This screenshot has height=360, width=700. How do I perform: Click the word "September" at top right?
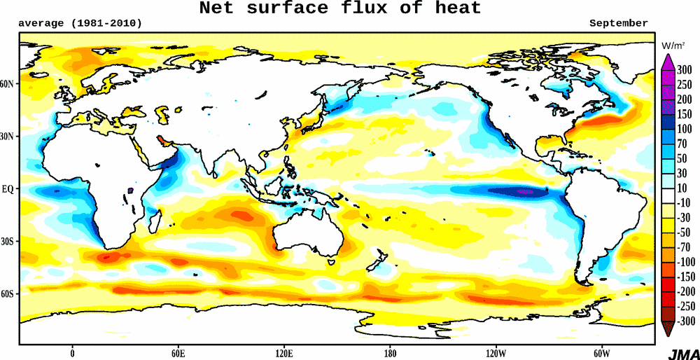[x=618, y=23]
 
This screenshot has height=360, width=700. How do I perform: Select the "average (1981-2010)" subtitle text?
[x=80, y=23]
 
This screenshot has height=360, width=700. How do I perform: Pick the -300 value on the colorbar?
[x=685, y=321]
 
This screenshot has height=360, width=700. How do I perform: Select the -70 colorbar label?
[x=685, y=247]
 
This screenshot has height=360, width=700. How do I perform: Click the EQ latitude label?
[x=8, y=189]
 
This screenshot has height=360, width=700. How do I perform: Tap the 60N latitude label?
[x=7, y=84]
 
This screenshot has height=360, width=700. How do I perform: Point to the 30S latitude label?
[x=7, y=242]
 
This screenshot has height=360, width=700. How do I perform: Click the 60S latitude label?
[x=7, y=294]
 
